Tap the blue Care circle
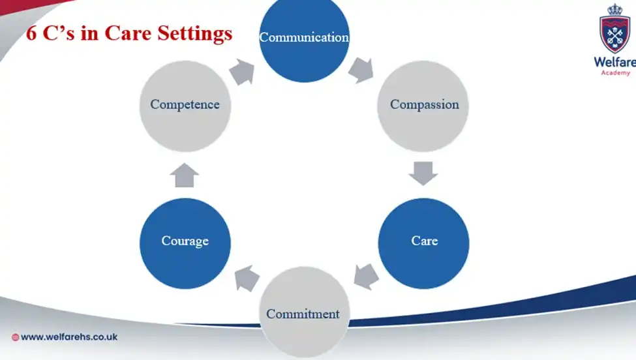(x=424, y=241)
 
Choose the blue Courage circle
(x=185, y=242)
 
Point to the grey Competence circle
(x=185, y=105)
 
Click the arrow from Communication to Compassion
(x=361, y=70)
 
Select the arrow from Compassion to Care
(x=424, y=173)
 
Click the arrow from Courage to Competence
(x=185, y=175)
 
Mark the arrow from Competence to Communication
(x=242, y=71)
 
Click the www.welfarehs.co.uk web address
(x=69, y=337)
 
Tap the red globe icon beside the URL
(x=15, y=338)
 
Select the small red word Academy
(x=615, y=73)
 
